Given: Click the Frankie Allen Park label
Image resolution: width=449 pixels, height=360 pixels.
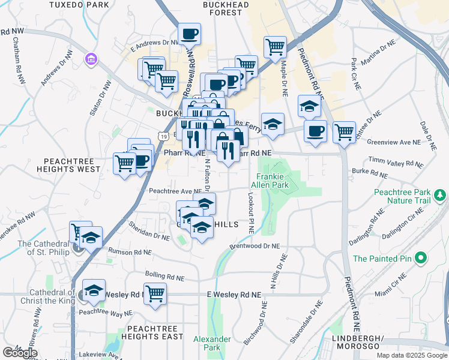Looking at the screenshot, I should coord(273,181).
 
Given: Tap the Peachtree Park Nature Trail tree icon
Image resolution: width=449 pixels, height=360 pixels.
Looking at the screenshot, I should coord(441,195).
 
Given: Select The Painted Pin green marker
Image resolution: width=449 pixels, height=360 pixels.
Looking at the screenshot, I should coord(421,259).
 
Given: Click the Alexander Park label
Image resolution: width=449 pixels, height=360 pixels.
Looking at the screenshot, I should coord(212,343).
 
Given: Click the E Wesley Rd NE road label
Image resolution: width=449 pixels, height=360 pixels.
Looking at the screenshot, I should coord(235,295).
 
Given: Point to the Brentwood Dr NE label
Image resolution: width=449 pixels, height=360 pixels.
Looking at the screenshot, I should coord(255,246).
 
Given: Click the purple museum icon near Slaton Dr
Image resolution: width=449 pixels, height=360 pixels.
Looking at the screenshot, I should coord(91,59).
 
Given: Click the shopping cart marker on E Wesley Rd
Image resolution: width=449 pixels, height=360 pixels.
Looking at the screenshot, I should coord(155,294).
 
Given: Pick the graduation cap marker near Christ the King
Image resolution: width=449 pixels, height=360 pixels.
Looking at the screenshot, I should coord(94,291).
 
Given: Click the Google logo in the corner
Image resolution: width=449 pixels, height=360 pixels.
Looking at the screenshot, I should coord(20,353).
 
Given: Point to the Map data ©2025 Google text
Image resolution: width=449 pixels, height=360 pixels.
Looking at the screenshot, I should coord(411,355).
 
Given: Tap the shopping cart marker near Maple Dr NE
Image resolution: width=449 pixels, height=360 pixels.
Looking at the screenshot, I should coord(275,47).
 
